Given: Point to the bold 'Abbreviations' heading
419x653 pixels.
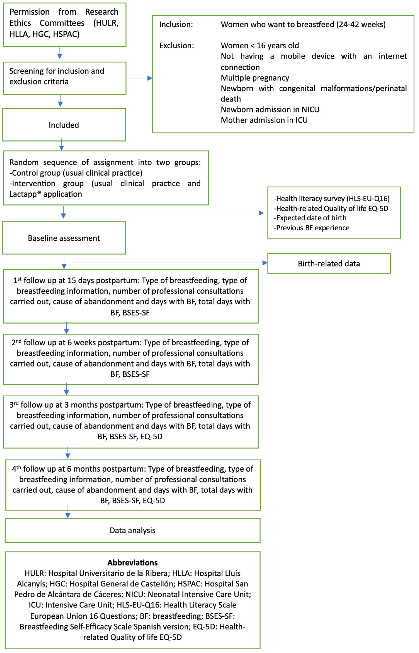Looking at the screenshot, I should [x=132, y=562].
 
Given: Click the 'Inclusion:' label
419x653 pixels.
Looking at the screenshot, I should [x=176, y=25].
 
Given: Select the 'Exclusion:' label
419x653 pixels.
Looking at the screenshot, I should [x=177, y=45].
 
